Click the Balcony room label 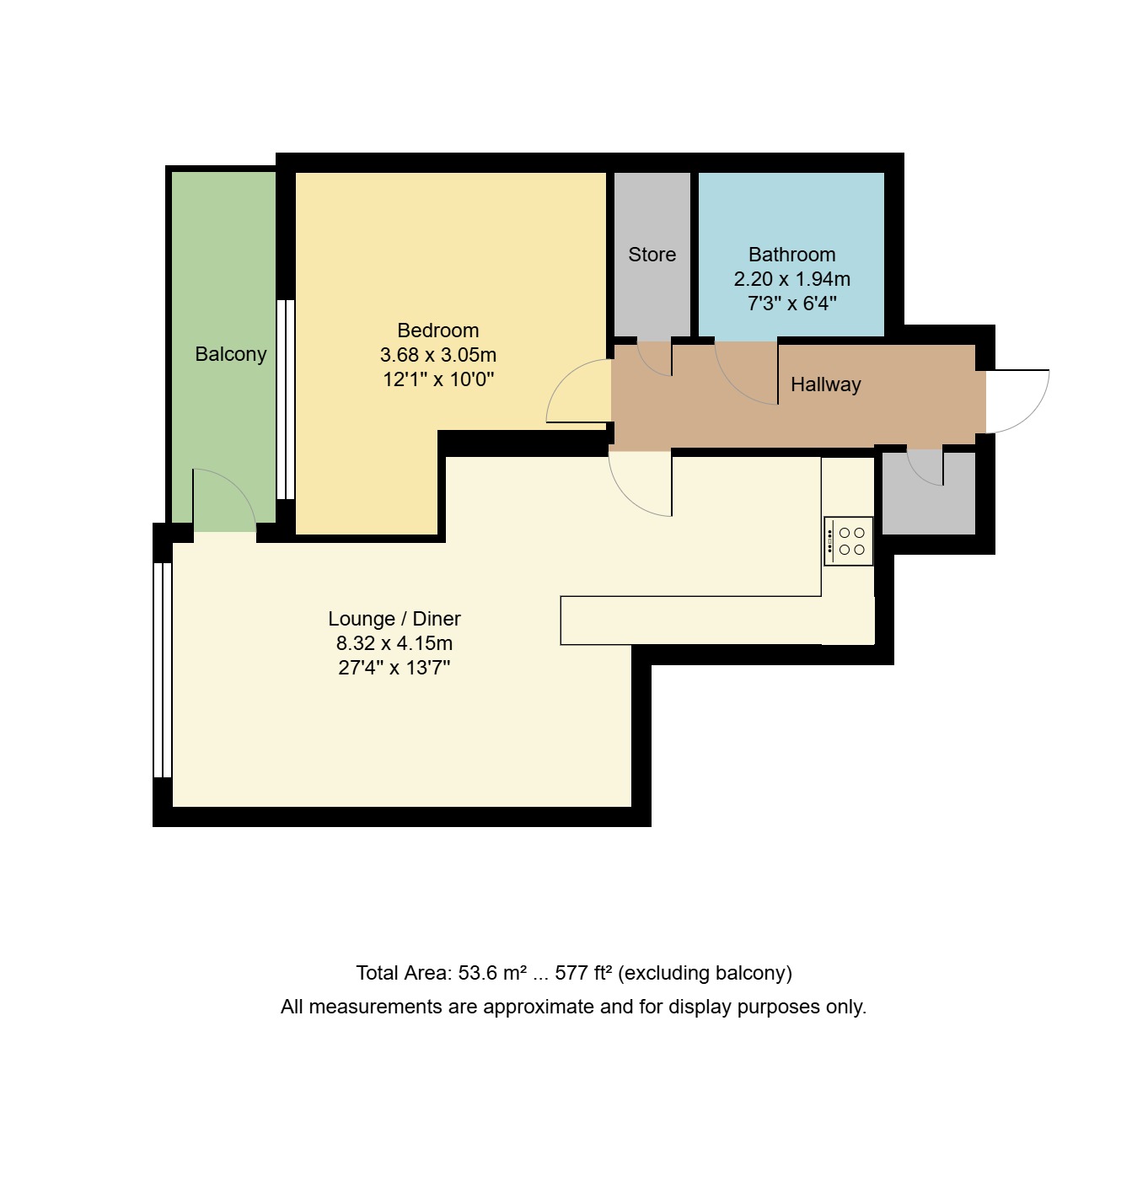coord(230,354)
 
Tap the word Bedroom coord(437,330)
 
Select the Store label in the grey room coord(652,255)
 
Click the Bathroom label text coord(791,255)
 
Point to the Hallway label coord(825,384)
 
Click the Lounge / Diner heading coord(394,619)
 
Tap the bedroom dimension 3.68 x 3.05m coord(437,355)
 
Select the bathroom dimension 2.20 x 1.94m coord(791,279)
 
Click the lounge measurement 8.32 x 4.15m coord(394,643)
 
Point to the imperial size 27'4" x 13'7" coord(394,668)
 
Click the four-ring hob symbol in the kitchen coord(848,541)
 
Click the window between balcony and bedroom coord(286,400)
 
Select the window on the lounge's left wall coord(163,670)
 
